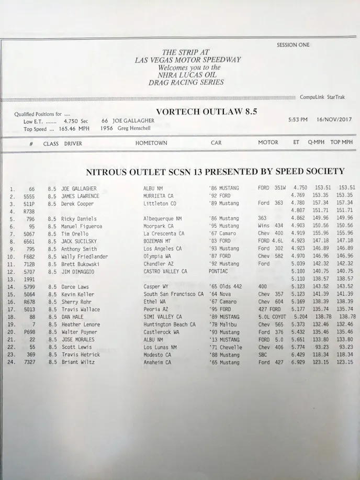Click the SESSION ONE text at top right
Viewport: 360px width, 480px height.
(x=293, y=46)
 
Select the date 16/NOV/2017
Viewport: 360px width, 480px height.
(x=334, y=120)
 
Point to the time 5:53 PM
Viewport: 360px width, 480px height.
(x=298, y=120)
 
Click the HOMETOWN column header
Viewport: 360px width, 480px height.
(x=151, y=143)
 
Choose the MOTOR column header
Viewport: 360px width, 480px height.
(x=268, y=142)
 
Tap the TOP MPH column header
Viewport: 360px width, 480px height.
(x=341, y=142)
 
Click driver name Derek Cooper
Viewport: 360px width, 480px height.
(x=77, y=203)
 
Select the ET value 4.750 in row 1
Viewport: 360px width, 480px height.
(x=300, y=187)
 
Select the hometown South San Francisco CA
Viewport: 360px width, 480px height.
(x=173, y=295)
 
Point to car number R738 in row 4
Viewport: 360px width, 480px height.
(x=28, y=211)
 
